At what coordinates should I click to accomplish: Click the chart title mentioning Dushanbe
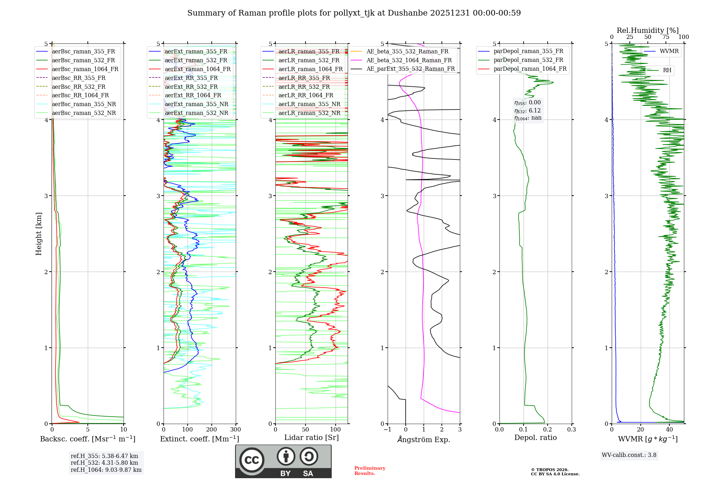click(354, 13)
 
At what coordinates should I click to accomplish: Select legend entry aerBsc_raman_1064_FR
click(85, 69)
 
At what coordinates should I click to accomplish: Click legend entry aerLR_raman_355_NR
click(309, 104)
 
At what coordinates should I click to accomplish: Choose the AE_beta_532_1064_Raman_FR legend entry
click(409, 60)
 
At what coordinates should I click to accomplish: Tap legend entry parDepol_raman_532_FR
click(528, 60)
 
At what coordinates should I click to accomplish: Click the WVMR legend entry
click(669, 51)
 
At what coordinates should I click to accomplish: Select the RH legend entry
click(667, 70)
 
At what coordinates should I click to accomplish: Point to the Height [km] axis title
click(39, 234)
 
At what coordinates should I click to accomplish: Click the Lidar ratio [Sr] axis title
click(312, 438)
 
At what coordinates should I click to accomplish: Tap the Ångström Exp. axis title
click(424, 440)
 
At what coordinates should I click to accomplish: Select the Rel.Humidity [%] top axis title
click(647, 30)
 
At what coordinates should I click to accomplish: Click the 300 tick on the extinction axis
click(235, 430)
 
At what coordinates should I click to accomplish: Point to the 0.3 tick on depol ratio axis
click(571, 430)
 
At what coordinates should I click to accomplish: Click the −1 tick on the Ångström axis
click(388, 430)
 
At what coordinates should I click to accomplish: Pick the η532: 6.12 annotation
click(527, 111)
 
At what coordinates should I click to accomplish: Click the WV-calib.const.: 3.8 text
click(629, 455)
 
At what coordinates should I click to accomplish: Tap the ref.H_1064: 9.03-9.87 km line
click(106, 470)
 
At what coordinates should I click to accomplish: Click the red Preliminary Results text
click(370, 471)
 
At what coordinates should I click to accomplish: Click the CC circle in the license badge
click(252, 460)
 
